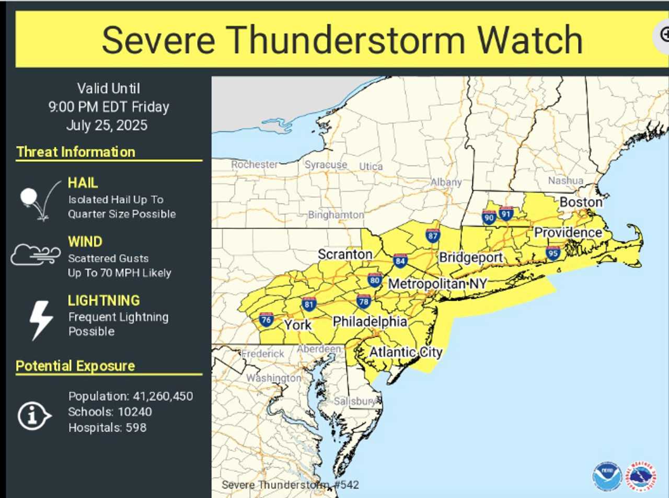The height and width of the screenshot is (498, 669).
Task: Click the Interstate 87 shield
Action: coord(432,236)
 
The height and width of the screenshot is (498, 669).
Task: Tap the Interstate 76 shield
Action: coord(266,320)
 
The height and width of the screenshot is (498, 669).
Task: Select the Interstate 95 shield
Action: coord(553,253)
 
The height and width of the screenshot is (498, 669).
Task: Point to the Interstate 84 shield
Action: coord(400,261)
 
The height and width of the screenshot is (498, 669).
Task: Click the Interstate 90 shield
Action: coord(489,217)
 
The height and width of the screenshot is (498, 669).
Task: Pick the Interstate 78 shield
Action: coord(364,301)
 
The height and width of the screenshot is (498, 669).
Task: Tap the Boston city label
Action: coord(581,202)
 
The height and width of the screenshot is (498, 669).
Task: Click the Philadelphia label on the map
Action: coord(370,321)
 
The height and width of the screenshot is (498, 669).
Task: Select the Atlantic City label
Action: coord(406,352)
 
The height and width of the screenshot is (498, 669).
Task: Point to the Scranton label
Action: coord(345,254)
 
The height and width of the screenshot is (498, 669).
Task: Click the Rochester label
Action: coord(255,164)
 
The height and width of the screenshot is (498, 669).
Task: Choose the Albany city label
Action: coord(446,182)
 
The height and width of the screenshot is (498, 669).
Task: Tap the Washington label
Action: coord(273,378)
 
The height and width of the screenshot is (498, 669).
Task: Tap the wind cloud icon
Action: coord(35,255)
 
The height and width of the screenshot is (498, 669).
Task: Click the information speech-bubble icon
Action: coord(34,416)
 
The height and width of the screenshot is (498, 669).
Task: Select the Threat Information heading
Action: coord(76,152)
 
